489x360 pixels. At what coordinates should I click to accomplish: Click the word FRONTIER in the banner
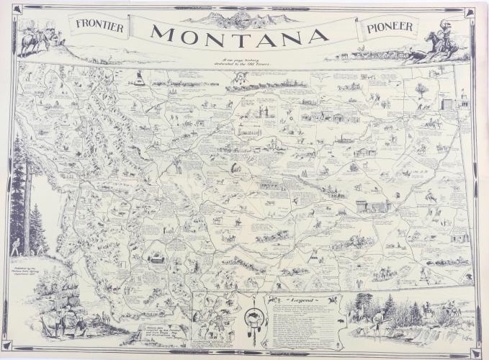(99, 27)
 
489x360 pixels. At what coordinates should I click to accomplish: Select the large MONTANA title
(241, 34)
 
